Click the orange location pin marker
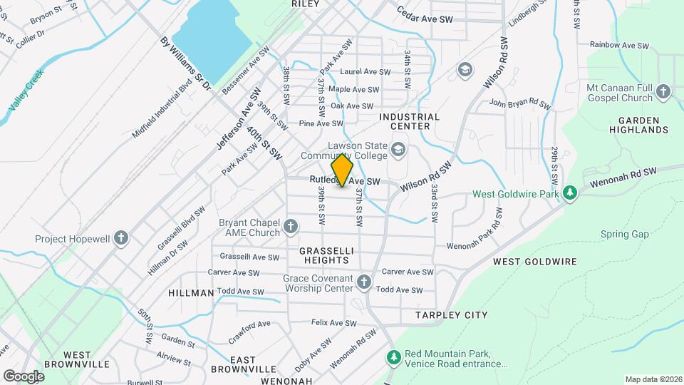click(343, 170)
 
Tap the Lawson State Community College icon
click(398, 150)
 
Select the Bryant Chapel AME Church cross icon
click(290, 227)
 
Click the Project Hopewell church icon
click(121, 237)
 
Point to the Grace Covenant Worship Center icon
click(364, 282)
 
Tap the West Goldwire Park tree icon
click(569, 192)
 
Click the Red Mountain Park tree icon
click(393, 356)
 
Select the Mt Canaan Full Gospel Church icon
click(663, 92)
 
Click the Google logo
click(24, 376)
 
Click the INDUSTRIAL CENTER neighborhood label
click(409, 121)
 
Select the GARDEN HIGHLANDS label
click(643, 125)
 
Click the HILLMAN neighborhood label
click(191, 293)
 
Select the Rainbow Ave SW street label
click(619, 45)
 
